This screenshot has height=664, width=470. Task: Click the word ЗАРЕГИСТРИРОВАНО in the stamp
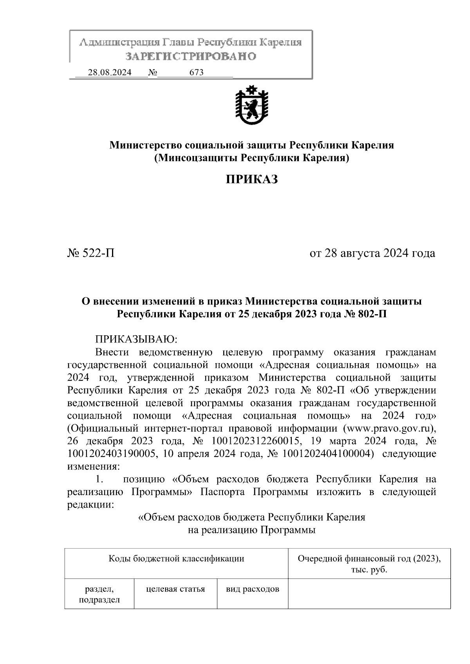[191, 56]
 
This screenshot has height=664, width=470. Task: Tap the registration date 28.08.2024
[110, 72]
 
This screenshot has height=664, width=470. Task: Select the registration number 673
[196, 72]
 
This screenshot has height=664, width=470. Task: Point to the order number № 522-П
[91, 253]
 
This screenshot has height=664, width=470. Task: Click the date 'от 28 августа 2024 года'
[372, 253]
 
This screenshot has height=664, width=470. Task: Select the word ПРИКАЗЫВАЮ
[137, 339]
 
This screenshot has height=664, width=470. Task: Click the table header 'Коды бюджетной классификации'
[176, 558]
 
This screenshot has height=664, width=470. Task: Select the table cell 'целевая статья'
[175, 589]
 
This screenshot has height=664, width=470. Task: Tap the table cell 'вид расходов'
[253, 589]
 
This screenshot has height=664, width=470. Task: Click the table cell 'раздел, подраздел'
[99, 594]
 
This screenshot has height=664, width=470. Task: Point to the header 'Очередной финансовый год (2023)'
[369, 558]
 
